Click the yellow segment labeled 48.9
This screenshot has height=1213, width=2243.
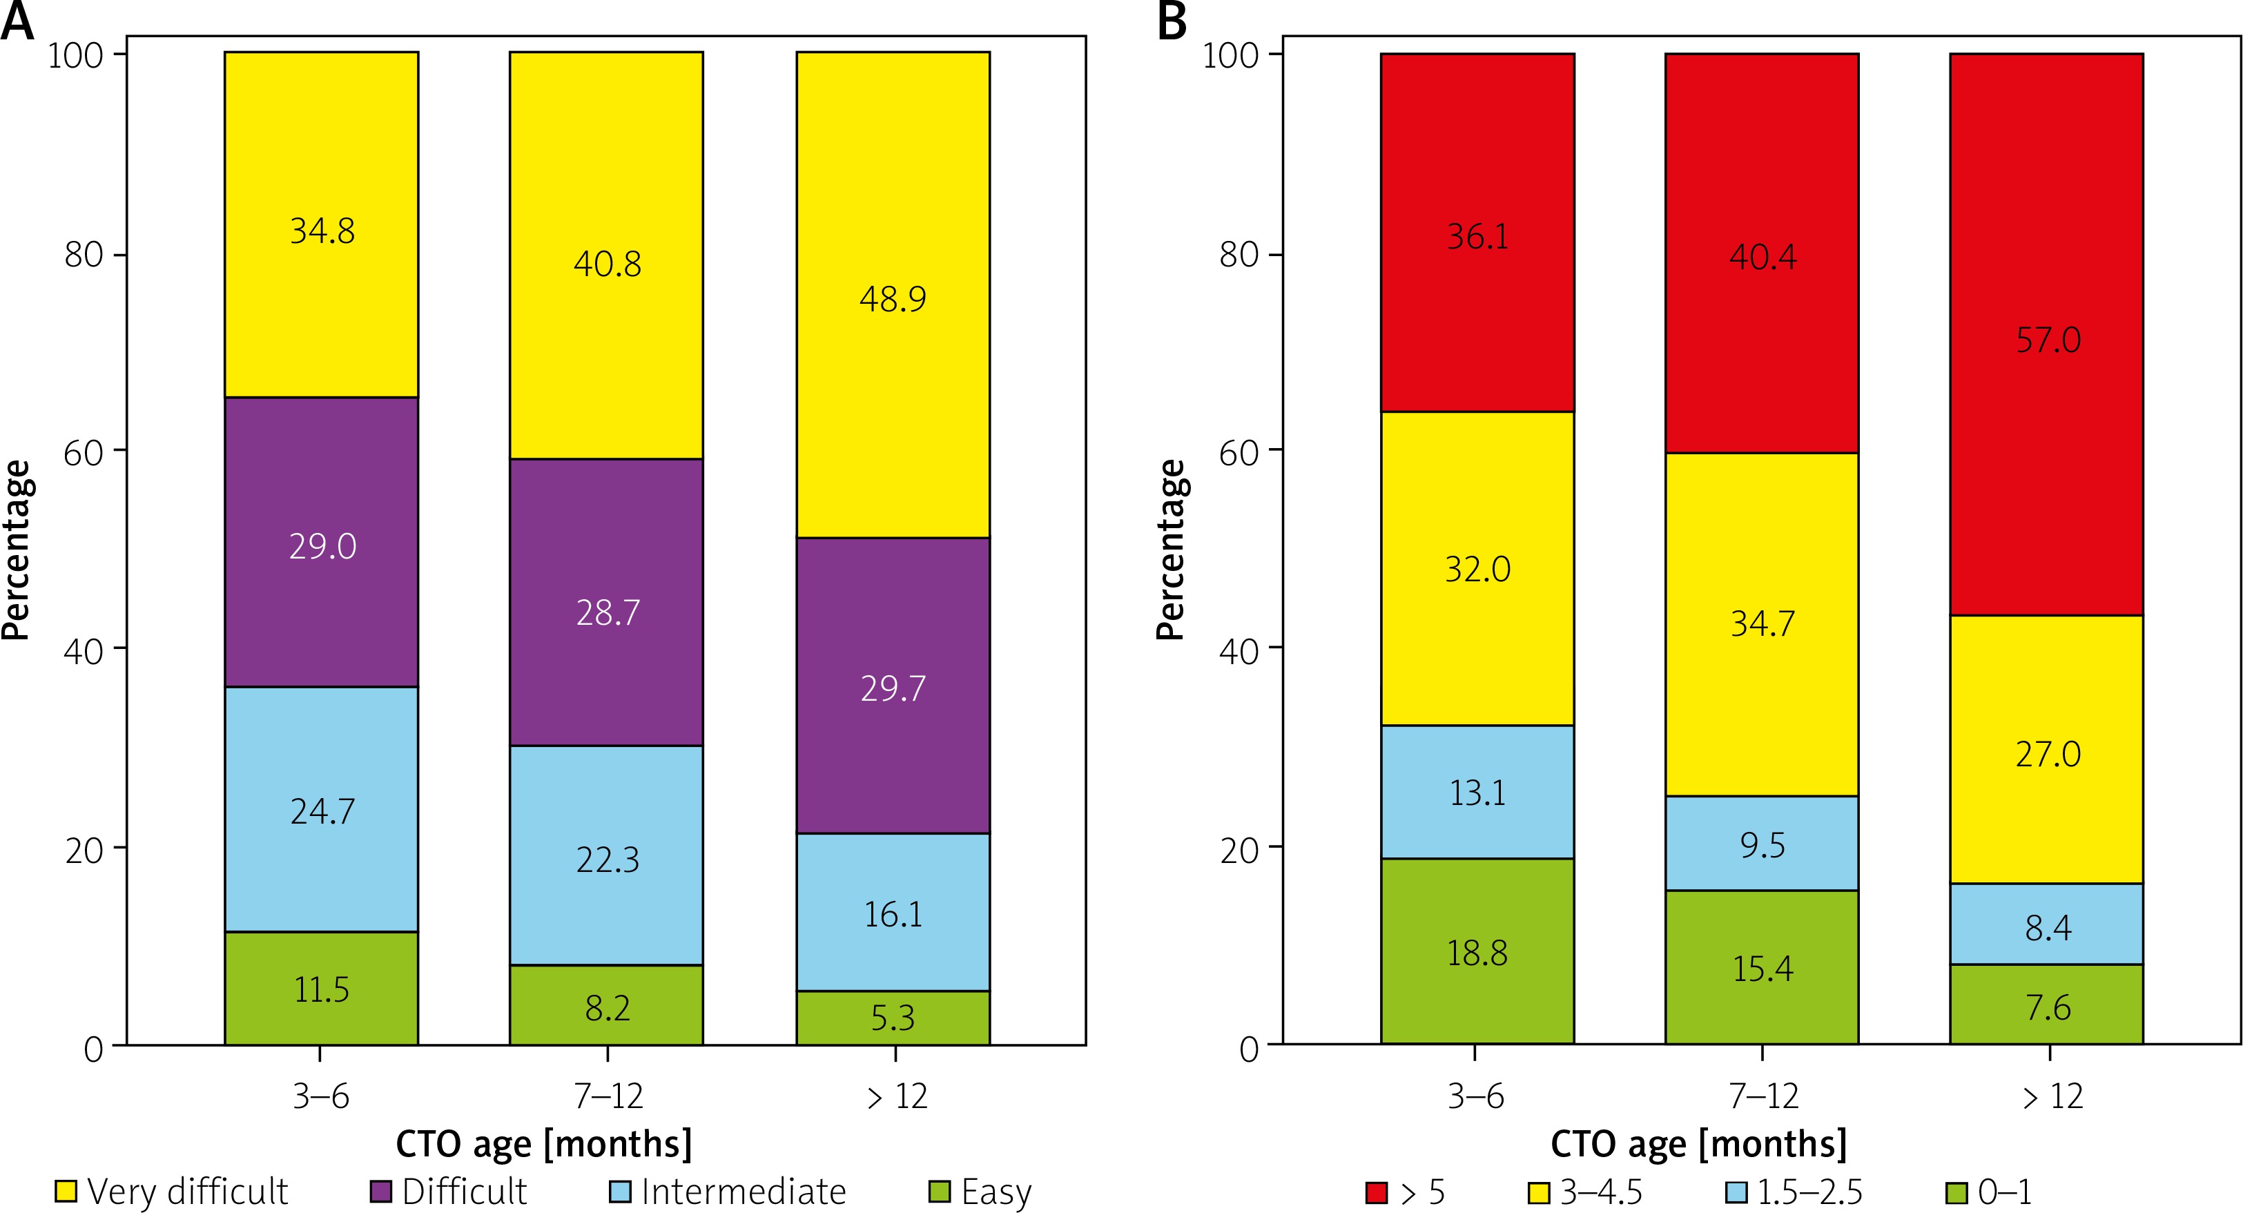tap(893, 296)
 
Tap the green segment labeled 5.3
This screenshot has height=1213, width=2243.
tap(893, 1017)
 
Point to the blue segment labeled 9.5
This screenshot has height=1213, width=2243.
tap(1762, 843)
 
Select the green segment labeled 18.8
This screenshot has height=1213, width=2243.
tap(1477, 951)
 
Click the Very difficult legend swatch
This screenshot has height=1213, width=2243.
tap(66, 1191)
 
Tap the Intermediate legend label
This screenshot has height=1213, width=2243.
tap(744, 1191)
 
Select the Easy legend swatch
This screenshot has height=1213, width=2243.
tap(940, 1191)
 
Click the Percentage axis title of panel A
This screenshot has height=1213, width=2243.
tap(16, 550)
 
